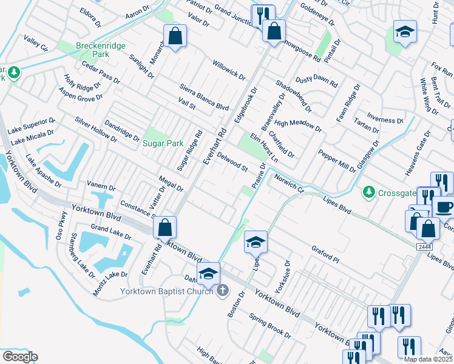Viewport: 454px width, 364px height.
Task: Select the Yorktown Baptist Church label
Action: [165, 291]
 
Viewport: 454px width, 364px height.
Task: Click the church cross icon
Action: [222, 291]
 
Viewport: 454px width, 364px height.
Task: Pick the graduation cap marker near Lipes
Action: [256, 242]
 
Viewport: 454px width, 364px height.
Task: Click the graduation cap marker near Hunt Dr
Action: [405, 32]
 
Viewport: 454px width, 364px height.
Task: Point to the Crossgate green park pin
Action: [368, 192]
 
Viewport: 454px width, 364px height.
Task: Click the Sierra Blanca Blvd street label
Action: [203, 94]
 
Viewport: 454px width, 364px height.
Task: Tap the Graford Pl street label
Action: [326, 254]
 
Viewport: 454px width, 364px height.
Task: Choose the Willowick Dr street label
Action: [228, 70]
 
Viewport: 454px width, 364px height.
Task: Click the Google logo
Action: [20, 357]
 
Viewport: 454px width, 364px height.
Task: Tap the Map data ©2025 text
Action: [429, 359]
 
